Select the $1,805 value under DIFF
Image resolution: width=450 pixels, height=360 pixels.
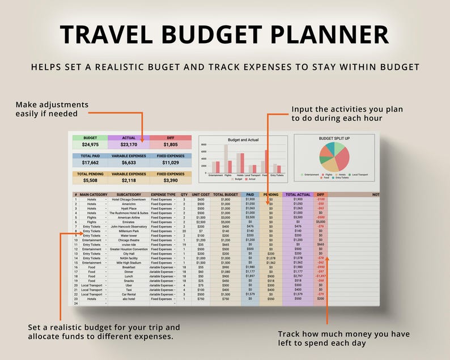[x=170, y=145]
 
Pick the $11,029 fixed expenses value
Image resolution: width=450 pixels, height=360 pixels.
[x=170, y=163]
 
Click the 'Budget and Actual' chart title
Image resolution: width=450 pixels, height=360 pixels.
[x=243, y=139]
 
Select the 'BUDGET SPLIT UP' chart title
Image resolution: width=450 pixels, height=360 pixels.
[x=334, y=138]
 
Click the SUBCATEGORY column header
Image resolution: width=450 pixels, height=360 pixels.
[x=128, y=194]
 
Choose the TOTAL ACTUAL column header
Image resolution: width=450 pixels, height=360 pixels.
[x=298, y=194]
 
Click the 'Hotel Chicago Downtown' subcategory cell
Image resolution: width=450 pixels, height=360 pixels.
[x=128, y=200]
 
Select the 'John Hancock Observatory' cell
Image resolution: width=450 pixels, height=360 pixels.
[x=128, y=227]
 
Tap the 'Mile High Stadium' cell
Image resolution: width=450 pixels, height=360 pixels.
[x=128, y=262]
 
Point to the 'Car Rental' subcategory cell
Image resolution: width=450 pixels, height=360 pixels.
[x=128, y=294]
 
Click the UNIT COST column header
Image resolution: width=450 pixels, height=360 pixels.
[x=201, y=194]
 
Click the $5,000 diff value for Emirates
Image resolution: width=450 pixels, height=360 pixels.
[x=321, y=222]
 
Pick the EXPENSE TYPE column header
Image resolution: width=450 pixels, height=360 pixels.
[x=163, y=194]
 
